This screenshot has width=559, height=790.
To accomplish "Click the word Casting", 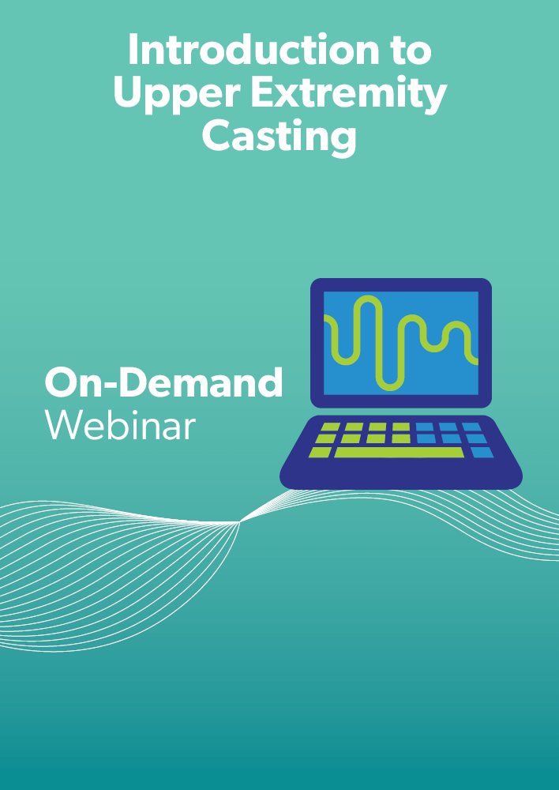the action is tap(279, 137).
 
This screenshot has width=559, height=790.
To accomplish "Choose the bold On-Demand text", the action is tap(163, 382).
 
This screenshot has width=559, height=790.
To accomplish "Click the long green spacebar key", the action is tap(399, 453).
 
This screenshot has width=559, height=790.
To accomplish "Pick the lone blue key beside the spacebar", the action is tap(482, 453).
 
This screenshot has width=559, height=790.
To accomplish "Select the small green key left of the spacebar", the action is tap(321, 453).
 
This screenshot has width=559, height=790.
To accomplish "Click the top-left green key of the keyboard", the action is tap(330, 427).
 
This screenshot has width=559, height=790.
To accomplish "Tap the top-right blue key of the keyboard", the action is tap(472, 427).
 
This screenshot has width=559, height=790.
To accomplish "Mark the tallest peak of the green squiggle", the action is tap(368, 299).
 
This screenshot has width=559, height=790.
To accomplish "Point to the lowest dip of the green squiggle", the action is tap(390, 387).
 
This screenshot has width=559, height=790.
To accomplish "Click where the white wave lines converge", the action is tap(240, 522).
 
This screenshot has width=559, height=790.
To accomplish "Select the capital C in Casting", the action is tap(217, 137).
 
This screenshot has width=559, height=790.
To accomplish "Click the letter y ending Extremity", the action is tap(433, 100).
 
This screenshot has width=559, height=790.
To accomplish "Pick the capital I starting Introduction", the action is tap(132, 50).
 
